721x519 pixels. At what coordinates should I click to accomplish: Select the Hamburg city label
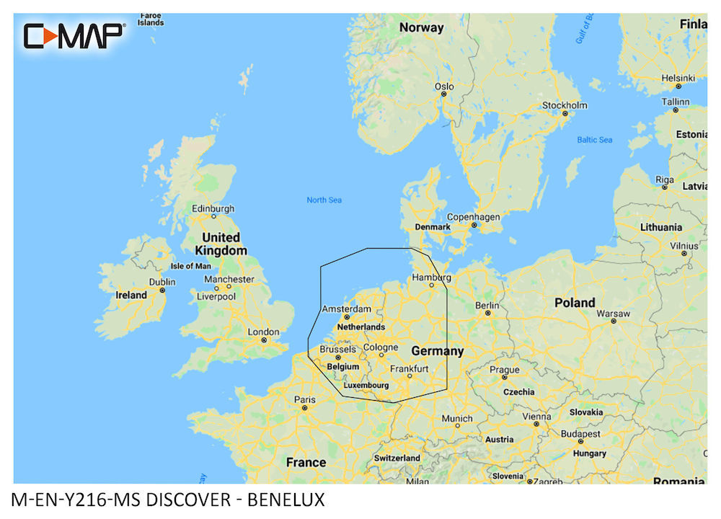(x=431, y=277)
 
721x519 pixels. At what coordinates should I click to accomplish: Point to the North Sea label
(x=324, y=200)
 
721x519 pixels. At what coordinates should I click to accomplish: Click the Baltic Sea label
(x=594, y=139)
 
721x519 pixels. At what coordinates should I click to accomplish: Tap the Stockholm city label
(x=565, y=105)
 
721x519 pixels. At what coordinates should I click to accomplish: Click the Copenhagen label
(x=473, y=216)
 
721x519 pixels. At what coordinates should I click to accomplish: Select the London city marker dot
(x=264, y=340)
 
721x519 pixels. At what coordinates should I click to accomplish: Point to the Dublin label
(x=162, y=282)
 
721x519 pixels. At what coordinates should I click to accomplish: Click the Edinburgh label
(x=213, y=209)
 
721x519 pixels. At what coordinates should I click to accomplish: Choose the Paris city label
(x=304, y=400)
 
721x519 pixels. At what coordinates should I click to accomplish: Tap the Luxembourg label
(x=366, y=386)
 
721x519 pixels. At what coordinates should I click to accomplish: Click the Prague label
(x=505, y=370)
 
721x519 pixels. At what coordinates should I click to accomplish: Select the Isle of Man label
(x=190, y=266)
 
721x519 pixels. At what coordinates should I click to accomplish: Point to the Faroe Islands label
(x=151, y=18)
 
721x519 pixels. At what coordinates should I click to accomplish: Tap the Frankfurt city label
(x=409, y=368)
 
